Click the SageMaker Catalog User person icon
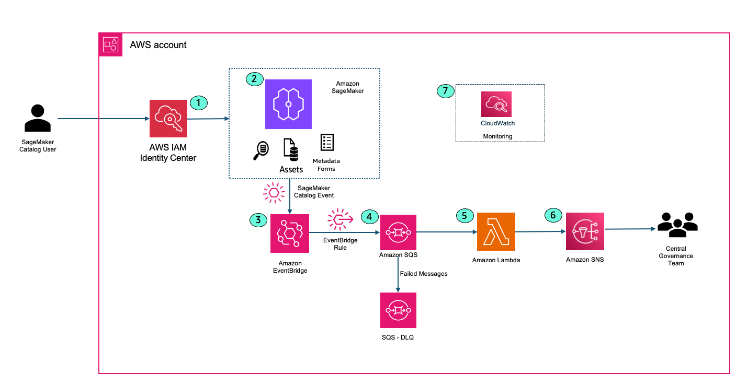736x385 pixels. [x=38, y=118]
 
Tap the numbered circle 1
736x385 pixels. [x=198, y=102]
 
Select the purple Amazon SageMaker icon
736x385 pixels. [x=288, y=104]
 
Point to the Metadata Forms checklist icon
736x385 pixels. [x=327, y=143]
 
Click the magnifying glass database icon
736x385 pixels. [x=260, y=150]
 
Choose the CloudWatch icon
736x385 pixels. [x=496, y=104]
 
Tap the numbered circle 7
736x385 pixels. [x=445, y=91]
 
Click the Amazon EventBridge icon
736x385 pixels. [x=290, y=234]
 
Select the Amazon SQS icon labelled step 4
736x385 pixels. [x=398, y=231]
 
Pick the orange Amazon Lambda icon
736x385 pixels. [x=496, y=231]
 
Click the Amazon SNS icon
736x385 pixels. [x=585, y=231]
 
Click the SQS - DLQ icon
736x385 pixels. [x=398, y=310]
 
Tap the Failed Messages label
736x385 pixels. [x=424, y=273]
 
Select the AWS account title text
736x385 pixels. [x=158, y=45]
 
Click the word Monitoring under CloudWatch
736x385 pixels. [x=496, y=136]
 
